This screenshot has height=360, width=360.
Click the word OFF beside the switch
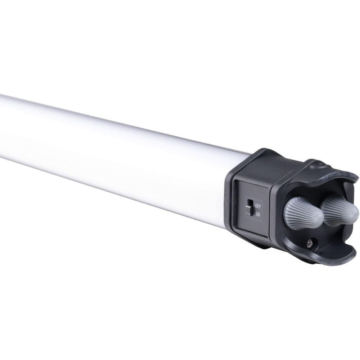point(258,206)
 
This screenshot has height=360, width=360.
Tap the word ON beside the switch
point(258,214)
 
